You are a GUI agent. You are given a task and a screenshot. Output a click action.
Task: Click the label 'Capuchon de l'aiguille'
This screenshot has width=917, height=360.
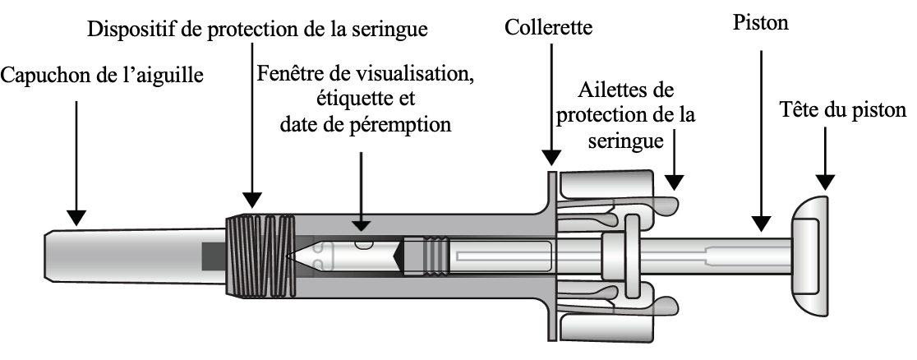click(102, 77)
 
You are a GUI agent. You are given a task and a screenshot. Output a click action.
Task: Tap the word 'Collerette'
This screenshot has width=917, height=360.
click(549, 28)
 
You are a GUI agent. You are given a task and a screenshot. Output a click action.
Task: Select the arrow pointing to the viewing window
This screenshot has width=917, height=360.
click(360, 185)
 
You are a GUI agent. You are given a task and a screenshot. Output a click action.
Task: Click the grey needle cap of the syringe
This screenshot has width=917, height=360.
click(123, 256)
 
